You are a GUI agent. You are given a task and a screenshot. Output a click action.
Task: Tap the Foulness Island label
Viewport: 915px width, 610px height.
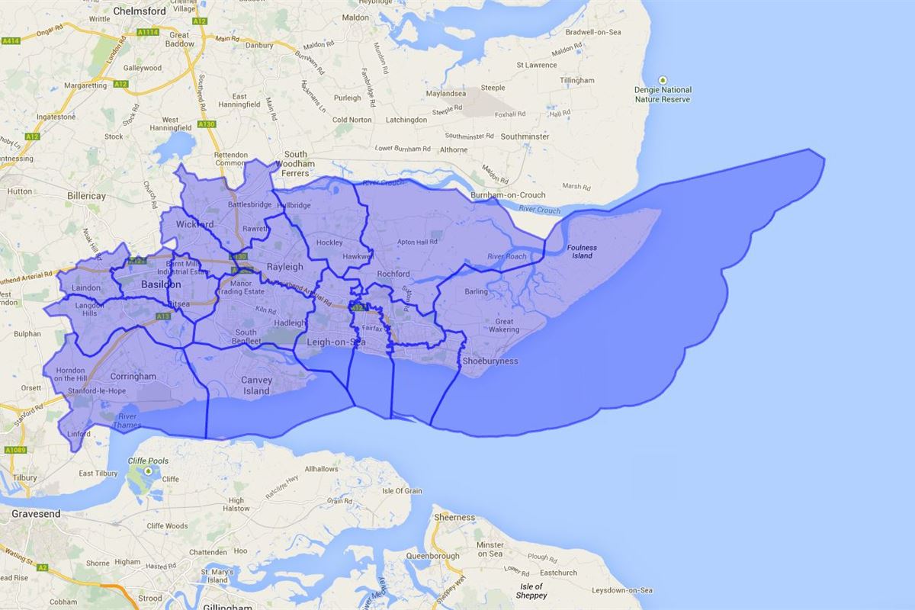click(x=582, y=252)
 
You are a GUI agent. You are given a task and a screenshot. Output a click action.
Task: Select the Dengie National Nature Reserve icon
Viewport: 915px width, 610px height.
click(x=663, y=80)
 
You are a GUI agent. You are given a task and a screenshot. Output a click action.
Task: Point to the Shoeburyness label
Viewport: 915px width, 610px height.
click(x=490, y=361)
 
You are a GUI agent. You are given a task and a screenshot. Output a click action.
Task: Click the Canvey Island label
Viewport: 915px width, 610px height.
click(x=256, y=385)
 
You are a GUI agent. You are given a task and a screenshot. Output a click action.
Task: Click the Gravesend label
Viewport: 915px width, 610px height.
click(x=36, y=514)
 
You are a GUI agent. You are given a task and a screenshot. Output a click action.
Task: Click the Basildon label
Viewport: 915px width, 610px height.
click(x=161, y=284)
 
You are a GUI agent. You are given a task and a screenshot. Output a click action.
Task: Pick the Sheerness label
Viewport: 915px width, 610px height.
click(x=454, y=517)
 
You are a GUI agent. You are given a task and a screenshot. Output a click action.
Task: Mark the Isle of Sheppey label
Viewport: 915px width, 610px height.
click(x=531, y=591)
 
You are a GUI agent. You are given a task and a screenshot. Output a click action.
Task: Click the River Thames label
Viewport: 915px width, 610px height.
click(x=127, y=421)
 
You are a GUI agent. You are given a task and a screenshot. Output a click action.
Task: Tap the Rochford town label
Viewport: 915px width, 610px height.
click(x=393, y=274)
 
